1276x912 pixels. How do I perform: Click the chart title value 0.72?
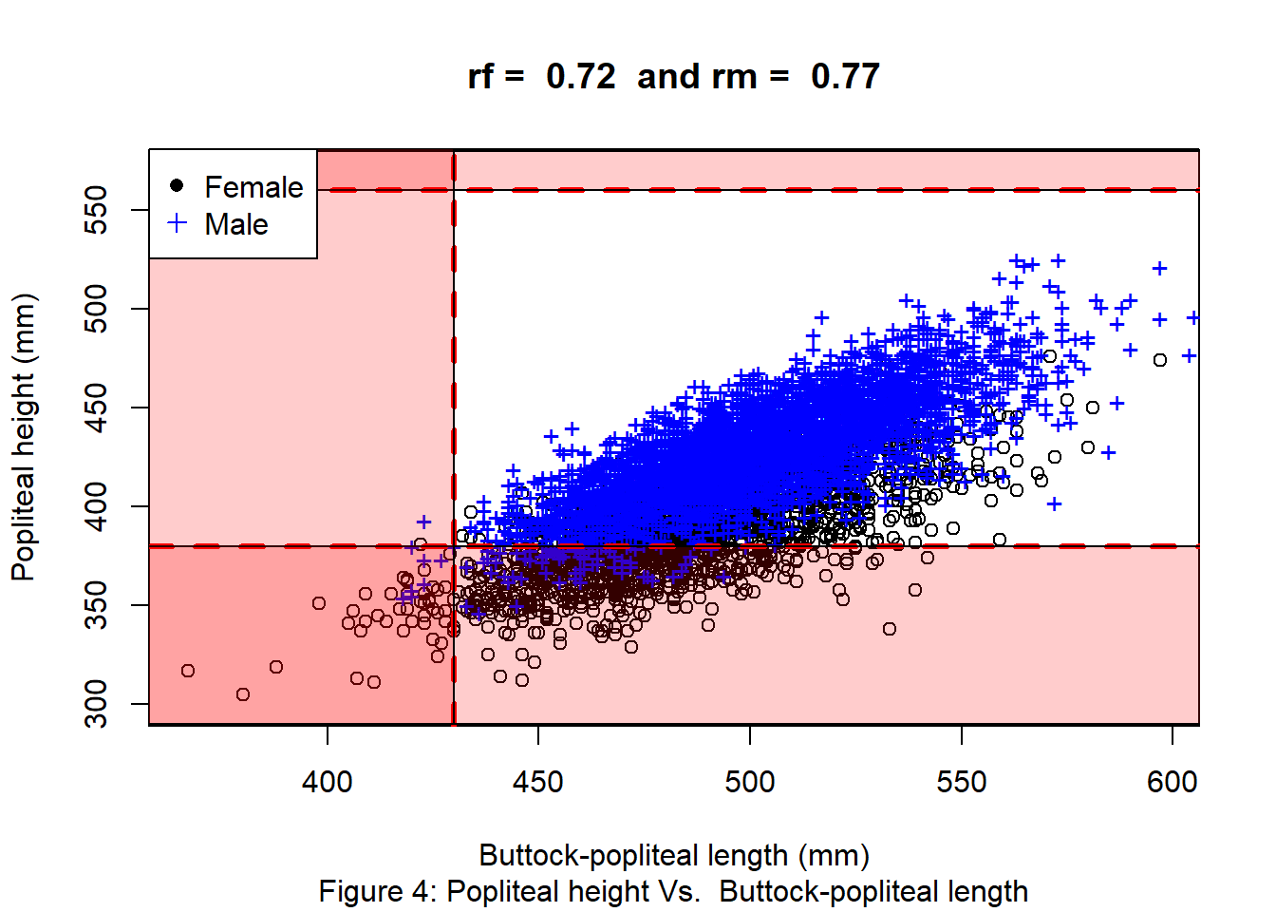(580, 76)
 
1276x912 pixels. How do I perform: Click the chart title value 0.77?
(845, 76)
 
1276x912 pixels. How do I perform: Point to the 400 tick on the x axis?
(328, 782)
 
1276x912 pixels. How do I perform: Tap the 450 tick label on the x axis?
(538, 782)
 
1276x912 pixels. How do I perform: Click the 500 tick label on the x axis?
(750, 782)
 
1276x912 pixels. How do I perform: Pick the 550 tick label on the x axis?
(961, 782)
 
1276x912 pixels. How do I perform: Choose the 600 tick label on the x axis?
(1172, 782)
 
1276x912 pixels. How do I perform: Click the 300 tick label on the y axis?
(96, 704)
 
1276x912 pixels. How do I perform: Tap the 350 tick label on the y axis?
(96, 605)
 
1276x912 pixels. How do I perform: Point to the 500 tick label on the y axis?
(96, 309)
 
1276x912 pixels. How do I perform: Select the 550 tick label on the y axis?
(96, 210)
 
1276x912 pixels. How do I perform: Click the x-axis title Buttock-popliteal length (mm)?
(674, 855)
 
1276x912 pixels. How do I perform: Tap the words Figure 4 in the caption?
(374, 891)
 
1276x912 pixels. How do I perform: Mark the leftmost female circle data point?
(188, 671)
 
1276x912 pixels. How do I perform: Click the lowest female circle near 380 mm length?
(243, 694)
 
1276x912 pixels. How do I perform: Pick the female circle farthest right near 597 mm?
(1160, 360)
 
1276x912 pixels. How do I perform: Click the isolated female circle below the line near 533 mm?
(890, 629)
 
